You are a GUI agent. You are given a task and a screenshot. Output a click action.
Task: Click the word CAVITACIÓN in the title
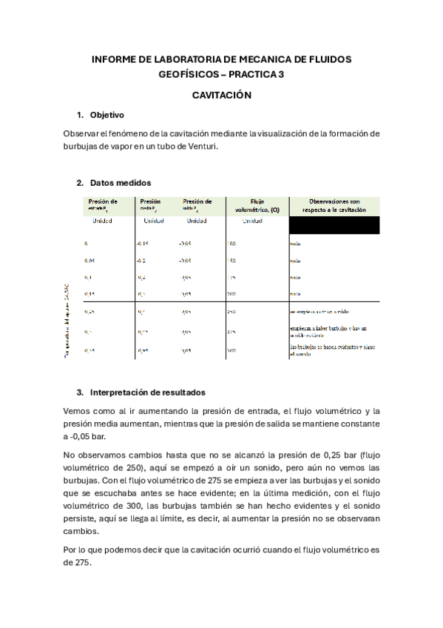click(222, 96)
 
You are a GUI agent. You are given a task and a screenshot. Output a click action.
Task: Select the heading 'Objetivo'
click(106, 116)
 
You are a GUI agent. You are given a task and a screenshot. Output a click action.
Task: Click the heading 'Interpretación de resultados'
click(147, 392)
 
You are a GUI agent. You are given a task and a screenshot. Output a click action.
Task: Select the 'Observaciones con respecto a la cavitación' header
click(334, 205)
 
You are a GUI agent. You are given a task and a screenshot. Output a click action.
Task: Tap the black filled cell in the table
click(334, 224)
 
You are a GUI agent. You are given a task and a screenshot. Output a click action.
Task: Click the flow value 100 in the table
click(231, 243)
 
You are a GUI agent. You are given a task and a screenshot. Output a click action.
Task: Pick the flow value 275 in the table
click(232, 332)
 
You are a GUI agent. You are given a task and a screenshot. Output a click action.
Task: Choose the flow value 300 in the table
click(232, 350)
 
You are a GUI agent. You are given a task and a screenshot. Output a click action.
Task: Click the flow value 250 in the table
click(232, 312)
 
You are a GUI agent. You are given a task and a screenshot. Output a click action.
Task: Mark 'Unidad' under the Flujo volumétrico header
click(251, 221)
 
